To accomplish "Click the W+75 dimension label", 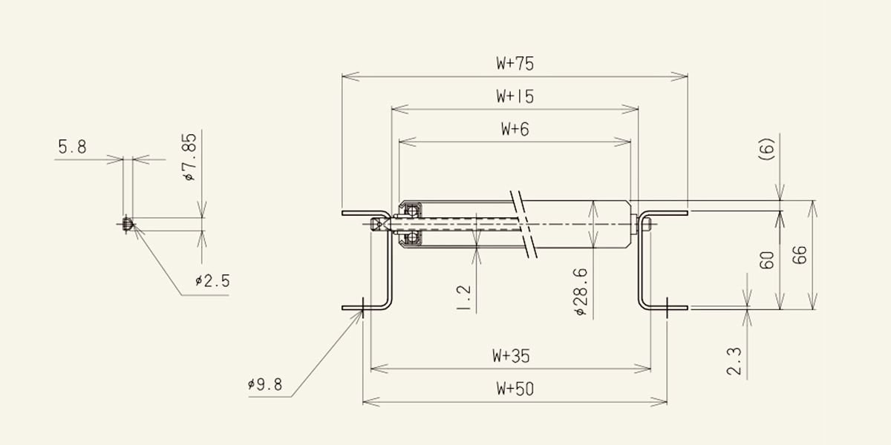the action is pyautogui.click(x=515, y=64).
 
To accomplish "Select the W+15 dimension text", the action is pyautogui.click(x=515, y=96).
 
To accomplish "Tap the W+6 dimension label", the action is pyautogui.click(x=515, y=129).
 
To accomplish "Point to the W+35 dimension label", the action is pyautogui.click(x=511, y=356).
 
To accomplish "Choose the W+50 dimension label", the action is pyautogui.click(x=515, y=389).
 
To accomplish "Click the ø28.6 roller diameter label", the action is pyautogui.click(x=581, y=291).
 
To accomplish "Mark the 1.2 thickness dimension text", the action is pyautogui.click(x=464, y=298).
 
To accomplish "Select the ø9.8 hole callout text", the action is pyautogui.click(x=265, y=385).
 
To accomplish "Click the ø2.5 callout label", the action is pyautogui.click(x=212, y=281).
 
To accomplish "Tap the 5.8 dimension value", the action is pyautogui.click(x=73, y=147).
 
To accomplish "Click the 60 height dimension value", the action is pyautogui.click(x=767, y=260).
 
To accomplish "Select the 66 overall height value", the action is pyautogui.click(x=800, y=255).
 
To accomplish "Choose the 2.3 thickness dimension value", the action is pyautogui.click(x=734, y=362).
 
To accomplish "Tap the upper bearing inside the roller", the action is pyautogui.click(x=412, y=211).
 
